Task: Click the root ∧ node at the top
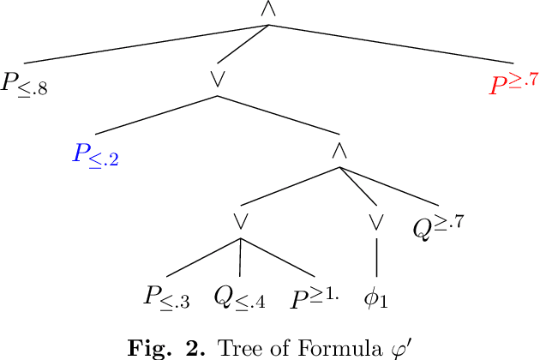pos(268,9)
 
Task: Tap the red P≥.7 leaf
pos(513,84)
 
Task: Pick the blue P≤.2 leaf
pos(95,155)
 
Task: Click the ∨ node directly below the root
pos(217,77)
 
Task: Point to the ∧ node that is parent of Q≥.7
pos(339,149)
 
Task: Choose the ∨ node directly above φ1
pos(375,221)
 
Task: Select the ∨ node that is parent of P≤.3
pos(240,221)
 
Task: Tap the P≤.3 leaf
pos(166,298)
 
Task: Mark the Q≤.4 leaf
pos(239,298)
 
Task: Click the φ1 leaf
pos(376,298)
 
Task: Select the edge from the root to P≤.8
pos(146,44)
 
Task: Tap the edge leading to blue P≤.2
pos(154,114)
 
